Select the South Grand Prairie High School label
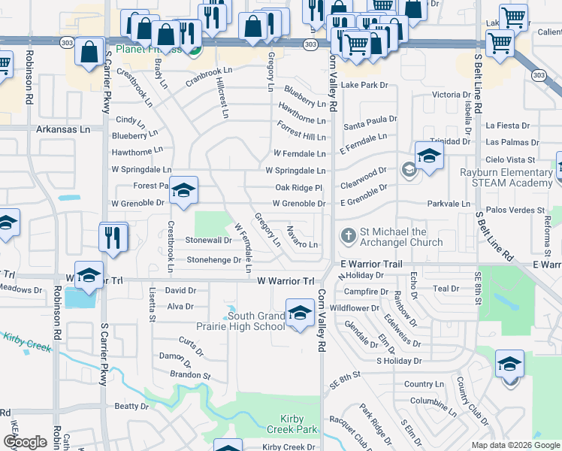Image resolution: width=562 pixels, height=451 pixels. pos(256,322)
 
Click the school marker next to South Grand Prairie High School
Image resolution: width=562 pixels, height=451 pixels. pos(300,312)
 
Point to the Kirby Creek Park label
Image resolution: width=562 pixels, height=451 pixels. pos(292,423)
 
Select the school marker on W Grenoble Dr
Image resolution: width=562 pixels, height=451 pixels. pos(183,190)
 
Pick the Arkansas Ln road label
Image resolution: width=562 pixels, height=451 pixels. pos(63,129)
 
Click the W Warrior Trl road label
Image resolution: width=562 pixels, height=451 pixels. pos(285,280)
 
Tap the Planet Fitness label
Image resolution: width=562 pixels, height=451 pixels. pos(143,50)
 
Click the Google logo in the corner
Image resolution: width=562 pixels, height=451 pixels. pos(25,442)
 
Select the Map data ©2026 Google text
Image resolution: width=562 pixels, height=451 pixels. pos(515,445)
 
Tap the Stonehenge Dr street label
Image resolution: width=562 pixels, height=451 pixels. pos(213,260)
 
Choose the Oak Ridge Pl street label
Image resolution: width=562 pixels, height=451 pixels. pos(298,187)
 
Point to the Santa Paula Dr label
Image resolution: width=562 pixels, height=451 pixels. pos(370,120)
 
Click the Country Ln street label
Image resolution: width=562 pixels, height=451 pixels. pos(419,384)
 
